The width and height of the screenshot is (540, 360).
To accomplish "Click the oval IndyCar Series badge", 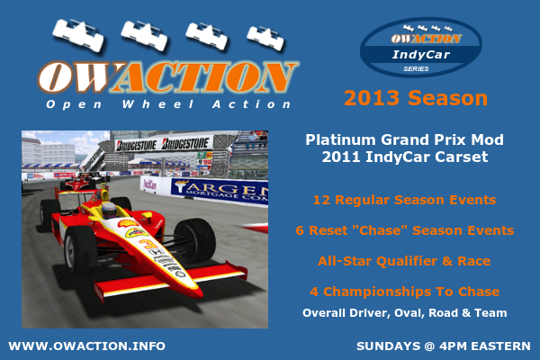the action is click(420, 47).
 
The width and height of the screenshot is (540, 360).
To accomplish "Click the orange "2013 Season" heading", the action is click(416, 98).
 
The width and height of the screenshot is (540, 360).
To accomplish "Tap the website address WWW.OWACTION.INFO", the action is click(86, 346).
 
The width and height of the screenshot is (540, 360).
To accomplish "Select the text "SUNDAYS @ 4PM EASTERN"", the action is click(444, 346).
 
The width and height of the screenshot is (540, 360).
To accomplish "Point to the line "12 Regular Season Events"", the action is click(405, 200).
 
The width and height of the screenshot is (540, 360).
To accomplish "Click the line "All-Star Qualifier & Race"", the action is click(404, 261).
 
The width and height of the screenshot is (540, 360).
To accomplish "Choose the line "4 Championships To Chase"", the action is click(405, 292).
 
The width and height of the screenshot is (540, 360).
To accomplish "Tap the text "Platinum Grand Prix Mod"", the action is click(405, 139).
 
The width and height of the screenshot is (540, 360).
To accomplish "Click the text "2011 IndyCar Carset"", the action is click(405, 157).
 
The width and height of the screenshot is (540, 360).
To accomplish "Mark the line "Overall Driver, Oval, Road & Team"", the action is click(405, 313).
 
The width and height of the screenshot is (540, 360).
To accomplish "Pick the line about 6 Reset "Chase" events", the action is click(405, 230).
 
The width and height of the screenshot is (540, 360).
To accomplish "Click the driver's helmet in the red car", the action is click(110, 210).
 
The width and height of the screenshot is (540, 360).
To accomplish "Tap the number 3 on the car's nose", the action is click(148, 245).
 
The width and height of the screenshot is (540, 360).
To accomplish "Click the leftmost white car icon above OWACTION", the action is click(78, 35).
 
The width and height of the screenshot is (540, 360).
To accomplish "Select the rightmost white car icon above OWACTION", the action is click(265, 39).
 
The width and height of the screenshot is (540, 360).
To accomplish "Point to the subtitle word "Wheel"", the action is click(158, 104).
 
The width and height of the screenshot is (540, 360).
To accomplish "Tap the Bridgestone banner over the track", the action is click(163, 144).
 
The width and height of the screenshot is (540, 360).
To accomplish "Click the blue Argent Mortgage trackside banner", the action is click(220, 192).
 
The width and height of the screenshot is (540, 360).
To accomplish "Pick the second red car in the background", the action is click(76, 183).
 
